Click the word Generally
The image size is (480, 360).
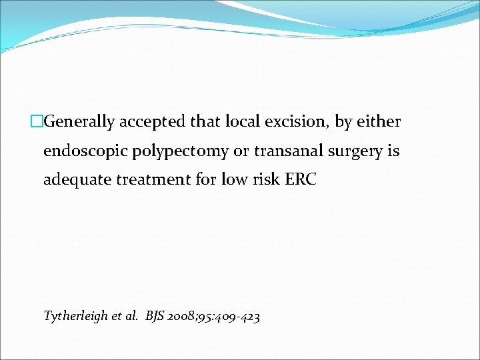coord(79,122)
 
